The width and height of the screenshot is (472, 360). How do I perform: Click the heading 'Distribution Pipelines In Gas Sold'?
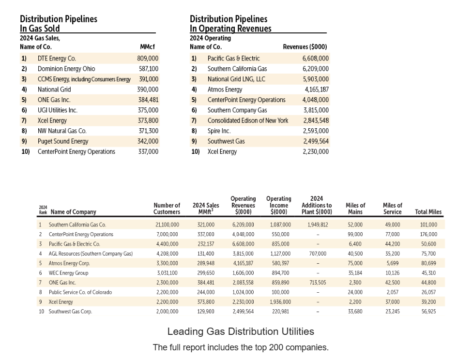(59, 24)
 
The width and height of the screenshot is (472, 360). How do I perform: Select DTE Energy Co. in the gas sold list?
(57, 59)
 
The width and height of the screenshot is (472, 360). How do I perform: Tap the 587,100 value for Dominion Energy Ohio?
(148, 69)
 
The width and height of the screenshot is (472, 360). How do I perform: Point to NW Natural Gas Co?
(61, 131)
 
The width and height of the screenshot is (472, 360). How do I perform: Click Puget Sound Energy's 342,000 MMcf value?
(148, 141)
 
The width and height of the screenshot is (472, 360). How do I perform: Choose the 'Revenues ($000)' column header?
(305, 47)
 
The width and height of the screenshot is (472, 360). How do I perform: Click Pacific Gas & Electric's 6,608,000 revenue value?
(316, 59)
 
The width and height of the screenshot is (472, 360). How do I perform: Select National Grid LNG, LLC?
(236, 79)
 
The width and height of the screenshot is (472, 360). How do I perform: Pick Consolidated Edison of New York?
(248, 120)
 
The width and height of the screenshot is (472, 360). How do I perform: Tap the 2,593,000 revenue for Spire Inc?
(316, 131)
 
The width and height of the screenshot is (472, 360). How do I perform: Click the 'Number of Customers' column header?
(167, 209)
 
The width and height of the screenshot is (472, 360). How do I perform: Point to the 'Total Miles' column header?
(428, 212)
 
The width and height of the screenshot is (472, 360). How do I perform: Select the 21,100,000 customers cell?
(167, 225)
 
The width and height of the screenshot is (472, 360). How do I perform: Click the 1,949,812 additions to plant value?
(318, 225)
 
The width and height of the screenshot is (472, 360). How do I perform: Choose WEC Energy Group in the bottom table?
(68, 273)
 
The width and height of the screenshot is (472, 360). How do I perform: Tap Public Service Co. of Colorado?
(80, 292)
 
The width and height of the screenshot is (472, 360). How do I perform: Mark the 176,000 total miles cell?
(429, 235)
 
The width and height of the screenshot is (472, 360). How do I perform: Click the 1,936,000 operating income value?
(280, 302)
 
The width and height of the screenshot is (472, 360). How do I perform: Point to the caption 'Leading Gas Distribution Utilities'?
(241, 332)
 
